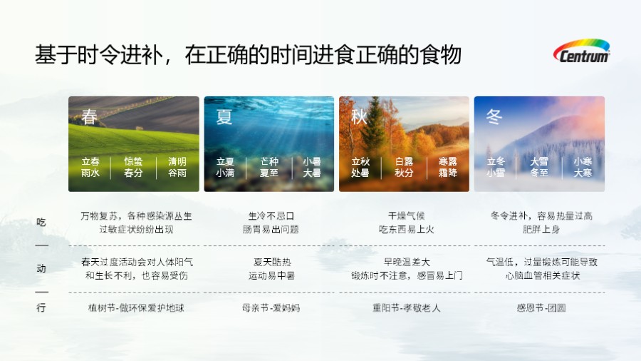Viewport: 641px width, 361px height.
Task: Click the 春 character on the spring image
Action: point(90,116)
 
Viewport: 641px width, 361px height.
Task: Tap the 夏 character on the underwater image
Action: point(224,116)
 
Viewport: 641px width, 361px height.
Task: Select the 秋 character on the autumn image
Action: point(359,116)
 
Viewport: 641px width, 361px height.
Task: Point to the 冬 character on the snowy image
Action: point(494,116)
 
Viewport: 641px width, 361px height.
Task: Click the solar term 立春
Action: point(90,162)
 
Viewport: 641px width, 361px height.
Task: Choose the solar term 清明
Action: point(177,162)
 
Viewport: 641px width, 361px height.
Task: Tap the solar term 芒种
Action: point(269,162)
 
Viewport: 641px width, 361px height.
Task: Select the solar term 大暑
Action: point(311,173)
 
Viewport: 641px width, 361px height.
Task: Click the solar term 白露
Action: point(404,162)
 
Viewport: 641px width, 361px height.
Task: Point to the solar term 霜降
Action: point(447,173)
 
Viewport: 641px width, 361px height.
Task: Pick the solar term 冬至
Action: point(539,173)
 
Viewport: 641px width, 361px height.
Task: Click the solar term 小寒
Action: point(583,162)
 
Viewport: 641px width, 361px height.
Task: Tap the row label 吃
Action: point(41,223)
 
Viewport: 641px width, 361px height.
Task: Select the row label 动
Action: point(41,269)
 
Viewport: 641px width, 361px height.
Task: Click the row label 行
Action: point(41,308)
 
